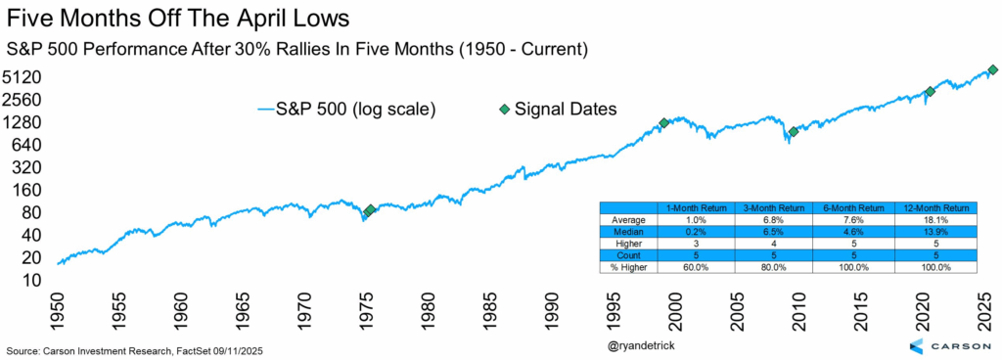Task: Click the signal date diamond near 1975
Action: pyautogui.click(x=370, y=210)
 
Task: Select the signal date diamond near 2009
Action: pyautogui.click(x=794, y=131)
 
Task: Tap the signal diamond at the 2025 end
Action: pyautogui.click(x=992, y=69)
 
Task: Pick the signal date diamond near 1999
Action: pyautogui.click(x=663, y=123)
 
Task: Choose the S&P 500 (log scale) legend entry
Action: pyautogui.click(x=346, y=110)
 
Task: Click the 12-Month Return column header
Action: pyautogui.click(x=935, y=207)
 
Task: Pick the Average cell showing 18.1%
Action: pyautogui.click(x=935, y=220)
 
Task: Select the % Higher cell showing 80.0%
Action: pyautogui.click(x=775, y=267)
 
